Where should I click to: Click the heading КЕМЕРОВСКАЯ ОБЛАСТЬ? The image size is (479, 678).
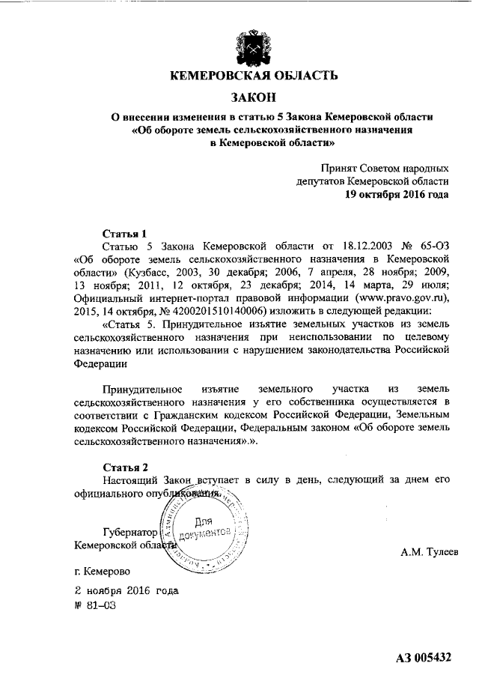(253, 75)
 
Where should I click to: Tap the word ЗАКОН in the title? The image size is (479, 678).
(254, 97)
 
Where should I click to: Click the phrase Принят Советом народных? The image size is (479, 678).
(385, 168)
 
